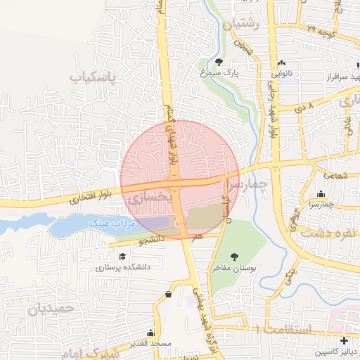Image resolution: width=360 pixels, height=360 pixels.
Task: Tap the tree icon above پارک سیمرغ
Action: [x=219, y=62]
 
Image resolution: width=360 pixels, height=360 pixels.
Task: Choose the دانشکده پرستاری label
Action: [x=123, y=267]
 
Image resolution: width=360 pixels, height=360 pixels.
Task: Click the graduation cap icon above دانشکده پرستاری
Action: [x=123, y=257]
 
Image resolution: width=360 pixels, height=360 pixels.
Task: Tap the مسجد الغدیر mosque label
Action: [x=150, y=343]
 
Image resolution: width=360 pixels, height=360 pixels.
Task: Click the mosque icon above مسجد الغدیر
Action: [x=150, y=333]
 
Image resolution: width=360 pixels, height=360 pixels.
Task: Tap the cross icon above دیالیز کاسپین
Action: [x=343, y=340]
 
